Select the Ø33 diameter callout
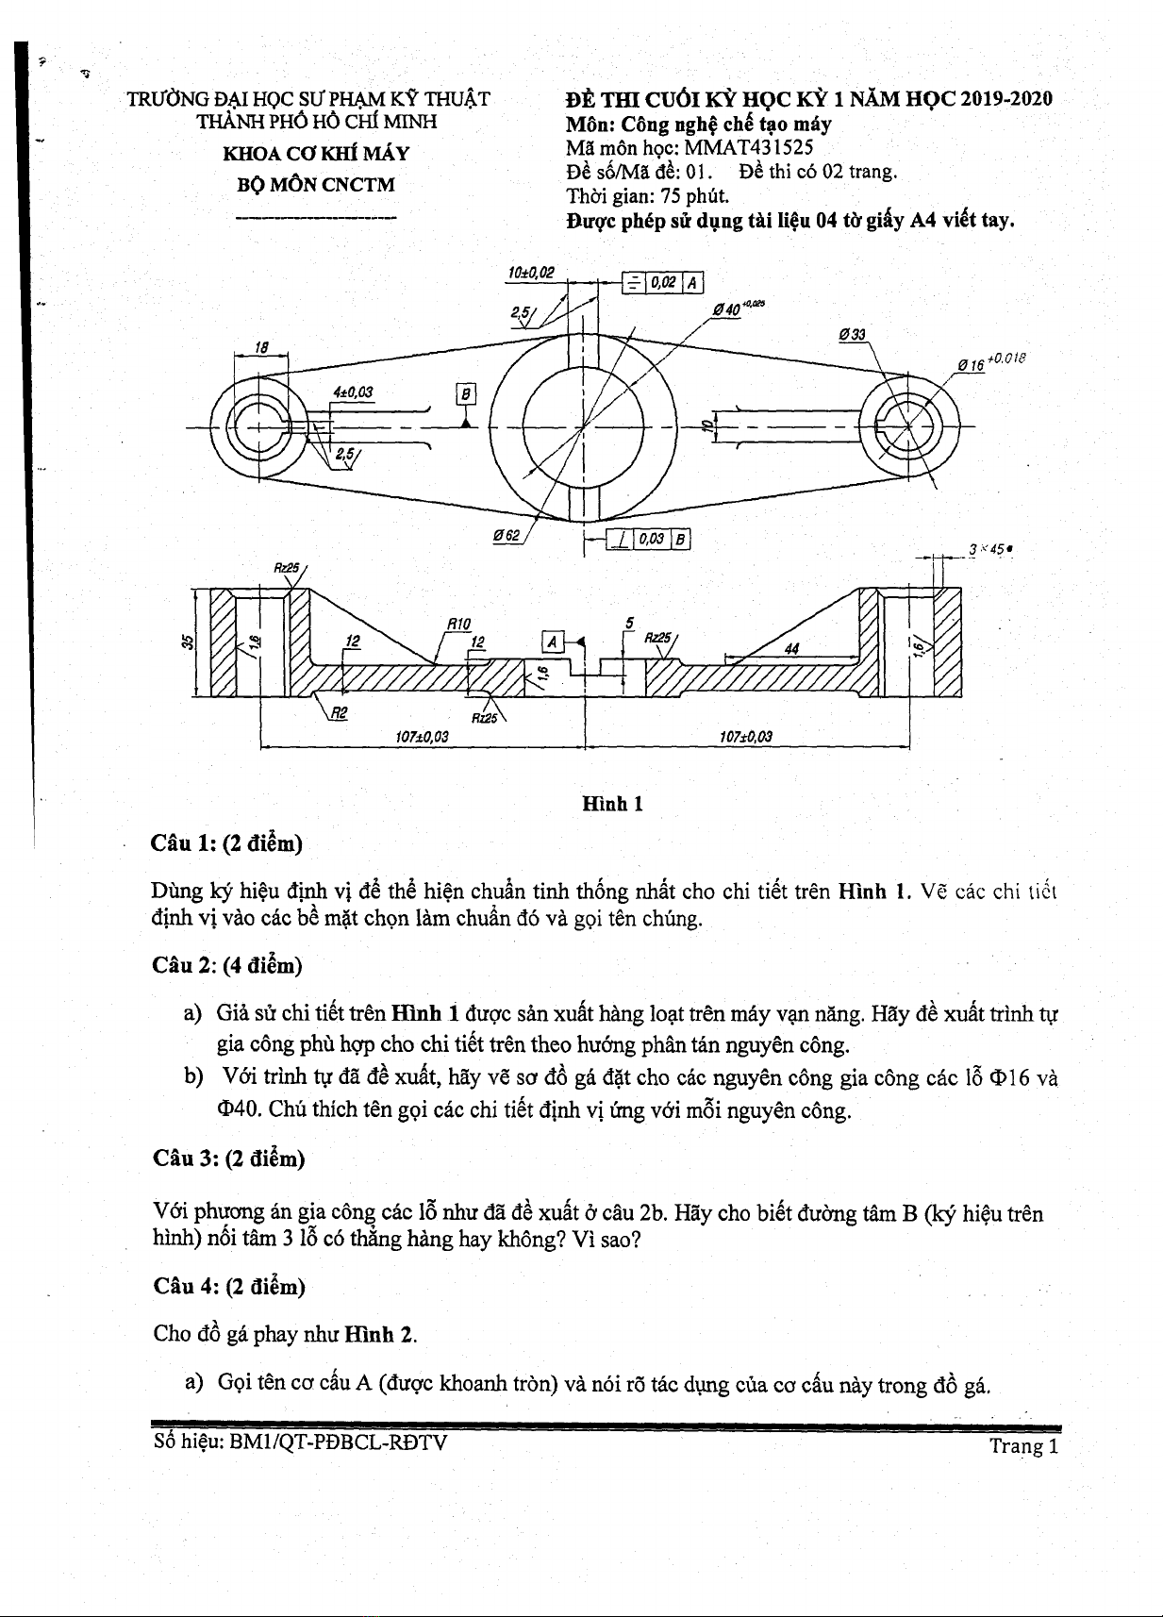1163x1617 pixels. coord(852,335)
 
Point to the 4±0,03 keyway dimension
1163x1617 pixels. coord(353,392)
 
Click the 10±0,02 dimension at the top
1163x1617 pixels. coord(531,273)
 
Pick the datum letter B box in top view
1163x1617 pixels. coord(466,393)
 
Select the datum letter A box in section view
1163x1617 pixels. coord(553,642)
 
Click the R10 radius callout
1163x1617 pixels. coord(458,624)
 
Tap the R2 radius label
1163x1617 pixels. coord(339,713)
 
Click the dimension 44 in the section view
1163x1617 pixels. coord(791,648)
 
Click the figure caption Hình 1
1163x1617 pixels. coord(612,804)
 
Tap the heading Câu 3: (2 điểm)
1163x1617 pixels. coord(228,1159)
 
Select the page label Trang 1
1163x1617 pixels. coord(1023,1446)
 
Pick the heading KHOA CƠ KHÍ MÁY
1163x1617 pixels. coord(316,154)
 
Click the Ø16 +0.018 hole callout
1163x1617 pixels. coord(990,362)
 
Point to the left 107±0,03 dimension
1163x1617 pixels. coord(422,737)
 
